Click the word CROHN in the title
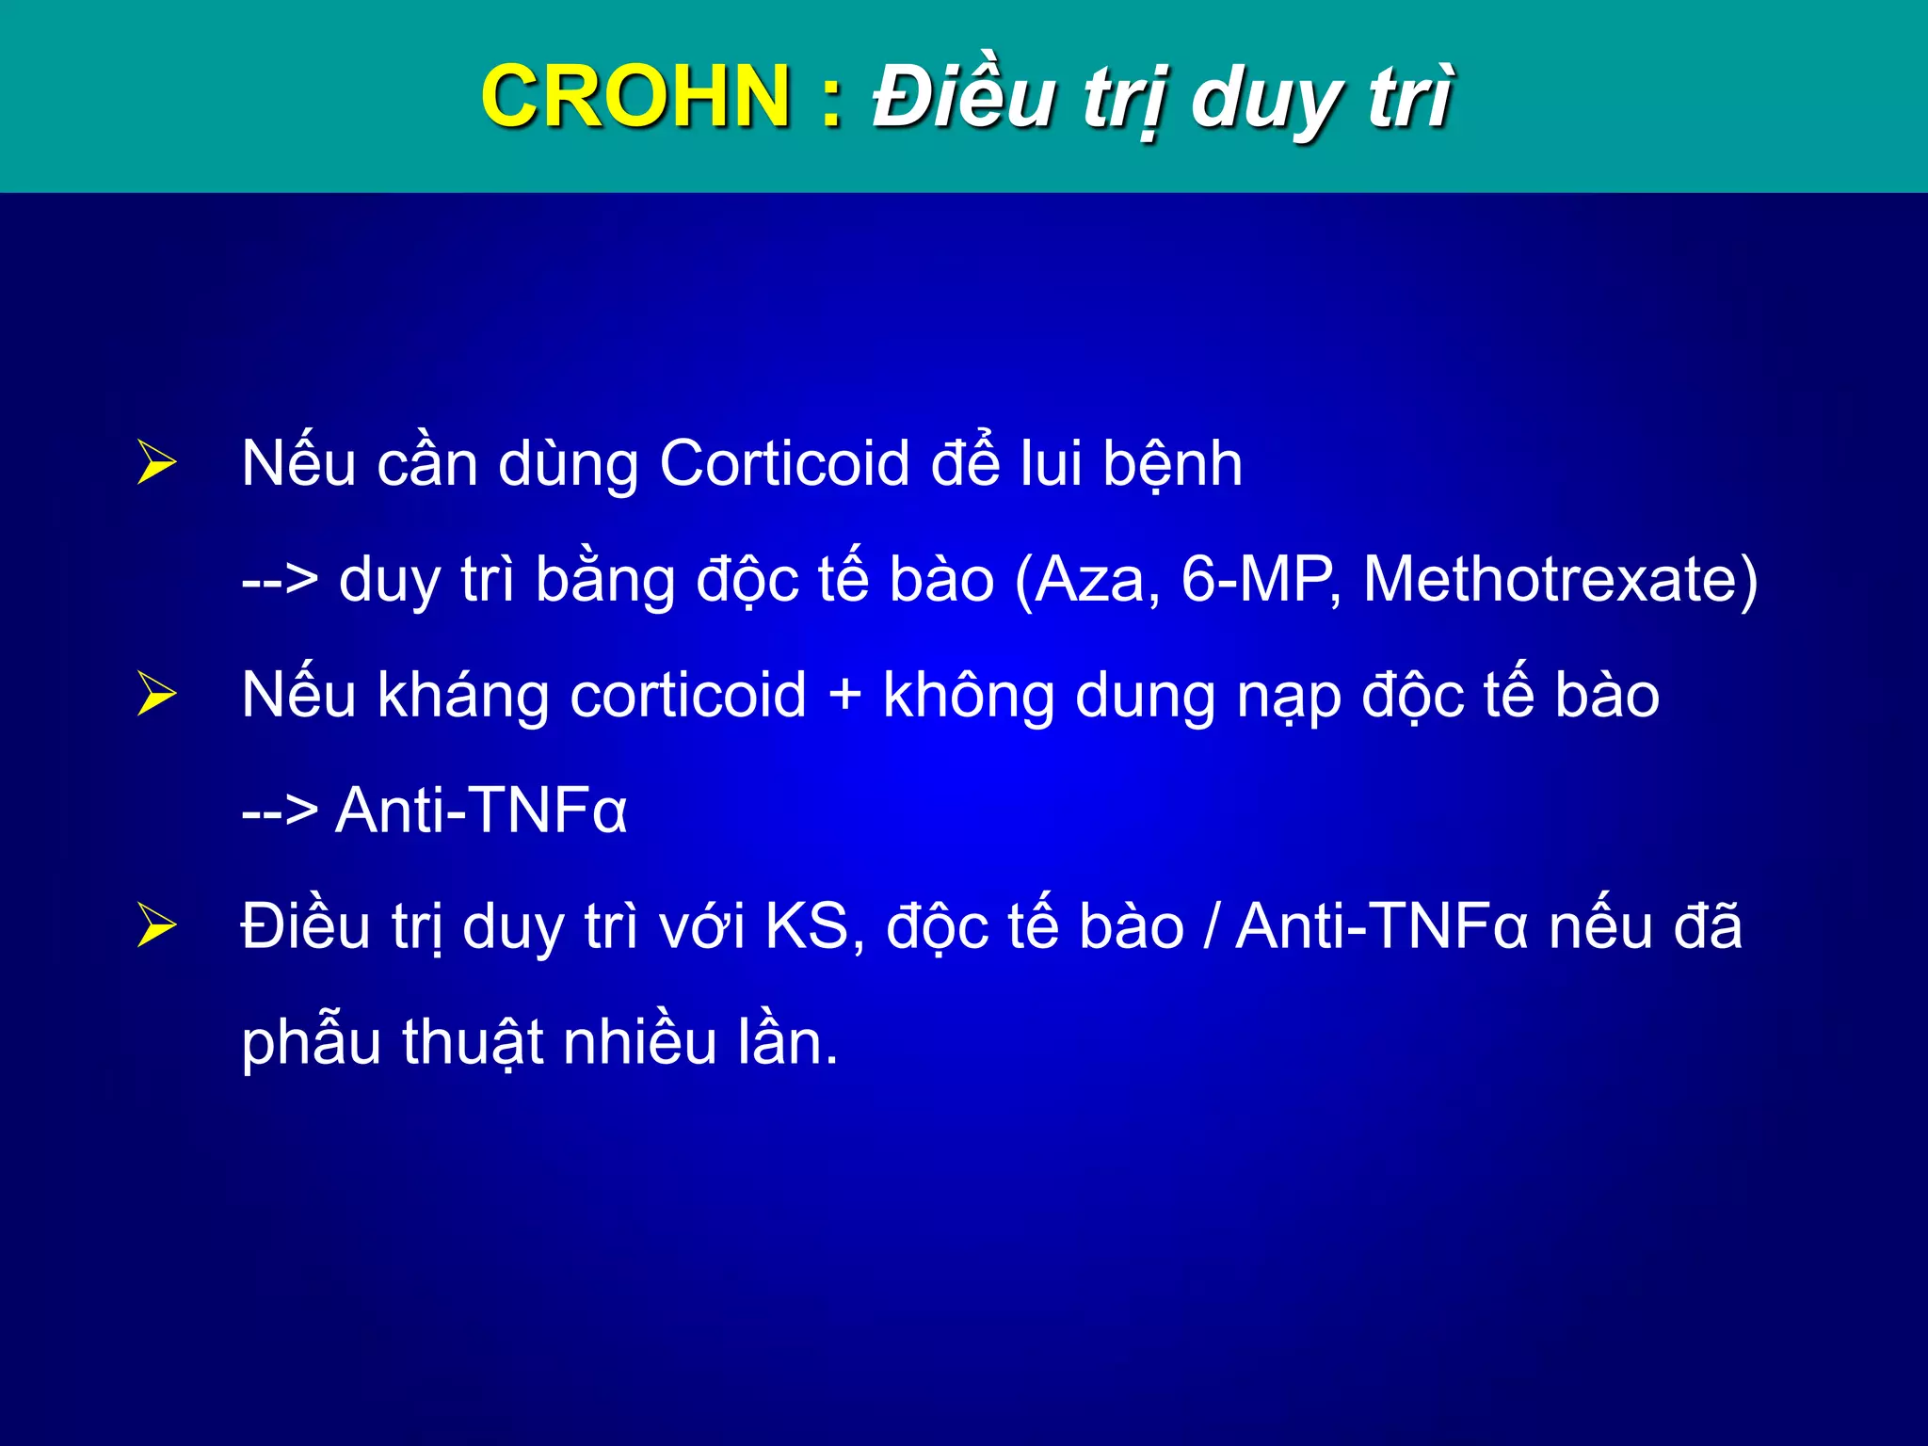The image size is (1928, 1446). (x=635, y=96)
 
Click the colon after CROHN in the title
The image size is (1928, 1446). (x=830, y=98)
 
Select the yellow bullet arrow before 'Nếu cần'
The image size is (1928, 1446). (x=156, y=462)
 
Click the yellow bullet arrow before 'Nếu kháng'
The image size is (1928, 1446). (x=156, y=694)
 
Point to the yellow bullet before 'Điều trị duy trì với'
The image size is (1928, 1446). (x=156, y=924)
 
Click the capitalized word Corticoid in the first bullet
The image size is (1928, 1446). (x=784, y=464)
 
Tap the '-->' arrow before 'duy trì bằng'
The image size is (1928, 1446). (x=280, y=580)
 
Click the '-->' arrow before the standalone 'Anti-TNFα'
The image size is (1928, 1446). (x=280, y=811)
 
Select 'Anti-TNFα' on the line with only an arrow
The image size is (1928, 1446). (x=481, y=811)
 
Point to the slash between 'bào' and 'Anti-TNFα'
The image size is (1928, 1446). (x=1210, y=926)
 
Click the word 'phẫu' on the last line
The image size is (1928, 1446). (x=311, y=1043)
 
